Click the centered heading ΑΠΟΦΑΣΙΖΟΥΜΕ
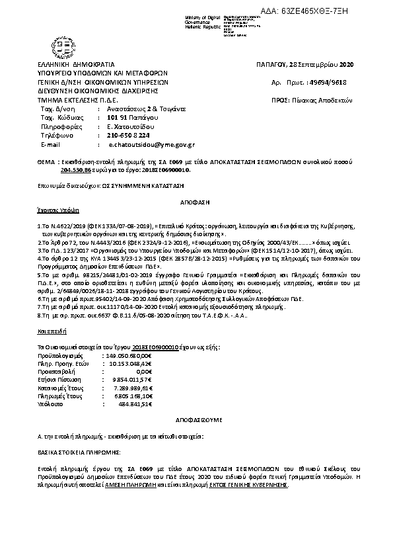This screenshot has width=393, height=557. coord(196,420)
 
